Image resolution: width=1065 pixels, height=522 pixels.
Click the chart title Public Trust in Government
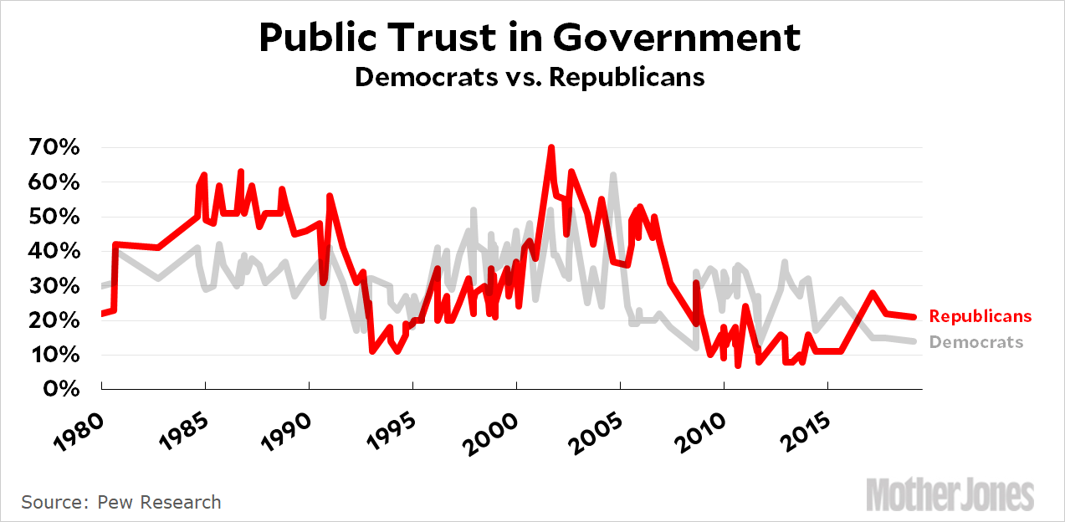click(x=530, y=38)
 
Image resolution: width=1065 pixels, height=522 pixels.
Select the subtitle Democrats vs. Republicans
click(x=530, y=77)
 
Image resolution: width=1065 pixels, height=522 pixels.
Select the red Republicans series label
click(x=981, y=316)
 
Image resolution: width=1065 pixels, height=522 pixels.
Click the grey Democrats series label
click(x=976, y=341)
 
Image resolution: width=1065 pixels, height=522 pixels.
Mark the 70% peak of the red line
click(x=551, y=148)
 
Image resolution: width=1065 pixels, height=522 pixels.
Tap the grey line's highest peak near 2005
click(x=613, y=175)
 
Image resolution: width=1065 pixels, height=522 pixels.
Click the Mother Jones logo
click(x=950, y=494)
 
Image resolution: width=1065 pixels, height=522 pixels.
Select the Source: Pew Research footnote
click(x=121, y=502)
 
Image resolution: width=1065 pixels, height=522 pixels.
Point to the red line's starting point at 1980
click(x=102, y=314)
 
